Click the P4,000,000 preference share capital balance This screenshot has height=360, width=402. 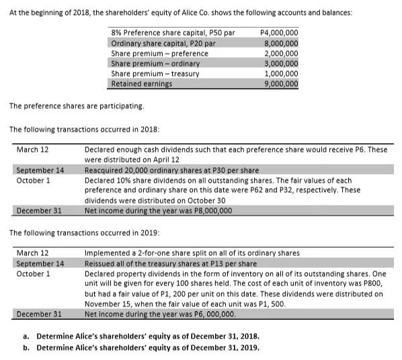(279, 33)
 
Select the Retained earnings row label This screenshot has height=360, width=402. (141, 84)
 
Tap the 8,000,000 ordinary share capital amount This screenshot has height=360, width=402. (282, 43)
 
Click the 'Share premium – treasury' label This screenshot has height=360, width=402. (151, 74)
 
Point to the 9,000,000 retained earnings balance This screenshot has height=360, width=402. (282, 84)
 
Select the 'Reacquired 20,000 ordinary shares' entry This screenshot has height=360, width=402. (171, 171)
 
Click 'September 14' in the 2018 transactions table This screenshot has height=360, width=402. (40, 171)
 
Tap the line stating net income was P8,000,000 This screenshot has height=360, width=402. (159, 210)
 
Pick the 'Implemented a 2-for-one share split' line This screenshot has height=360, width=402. (192, 253)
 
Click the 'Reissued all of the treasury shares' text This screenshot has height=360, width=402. (171, 263)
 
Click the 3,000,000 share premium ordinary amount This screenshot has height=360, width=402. (282, 64)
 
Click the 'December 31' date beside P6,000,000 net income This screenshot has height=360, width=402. (39, 314)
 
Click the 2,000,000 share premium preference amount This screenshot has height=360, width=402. (282, 54)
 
